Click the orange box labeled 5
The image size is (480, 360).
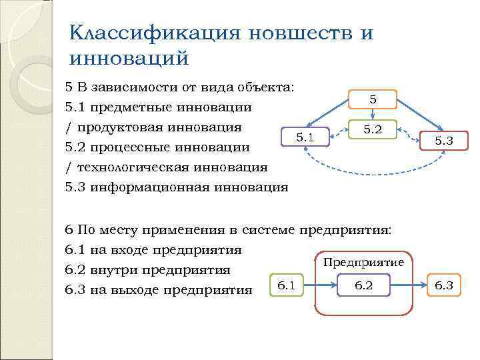[373, 99]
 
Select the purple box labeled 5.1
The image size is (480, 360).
[305, 137]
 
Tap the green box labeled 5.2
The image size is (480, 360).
[373, 129]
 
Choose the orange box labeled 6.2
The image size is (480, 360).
[364, 286]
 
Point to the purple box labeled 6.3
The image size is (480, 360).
[444, 286]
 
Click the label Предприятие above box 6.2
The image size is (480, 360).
[363, 262]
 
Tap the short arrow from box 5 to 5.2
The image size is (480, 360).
[373, 114]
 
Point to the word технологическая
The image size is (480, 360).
[134, 167]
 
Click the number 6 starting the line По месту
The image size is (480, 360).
[69, 230]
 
